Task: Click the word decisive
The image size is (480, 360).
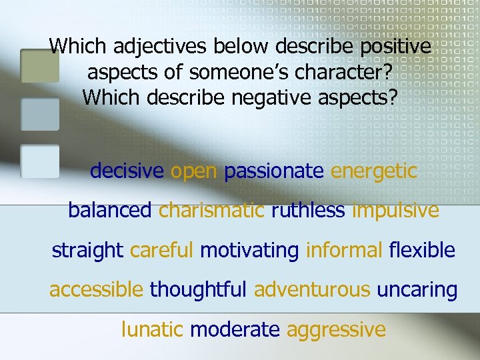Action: tap(127, 171)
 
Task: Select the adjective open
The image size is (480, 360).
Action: tap(194, 171)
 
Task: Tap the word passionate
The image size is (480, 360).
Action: tap(274, 171)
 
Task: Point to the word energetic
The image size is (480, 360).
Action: tap(374, 171)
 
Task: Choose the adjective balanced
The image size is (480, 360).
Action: tap(110, 211)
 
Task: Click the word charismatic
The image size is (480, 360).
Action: tap(211, 211)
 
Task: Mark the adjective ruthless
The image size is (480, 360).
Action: tap(308, 211)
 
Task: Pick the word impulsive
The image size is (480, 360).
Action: tap(395, 211)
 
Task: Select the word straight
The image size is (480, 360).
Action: tap(87, 251)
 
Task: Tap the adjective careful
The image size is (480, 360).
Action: tap(162, 251)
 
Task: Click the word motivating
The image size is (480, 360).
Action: tap(249, 251)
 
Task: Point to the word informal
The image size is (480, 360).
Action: tap(344, 251)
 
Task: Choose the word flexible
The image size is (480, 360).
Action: tap(422, 251)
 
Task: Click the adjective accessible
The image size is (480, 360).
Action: tap(96, 290)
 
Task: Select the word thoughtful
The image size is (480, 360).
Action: tap(199, 290)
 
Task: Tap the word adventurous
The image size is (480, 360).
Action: tap(312, 290)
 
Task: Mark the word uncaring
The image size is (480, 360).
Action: tap(417, 290)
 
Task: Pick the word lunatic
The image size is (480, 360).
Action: tap(153, 329)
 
